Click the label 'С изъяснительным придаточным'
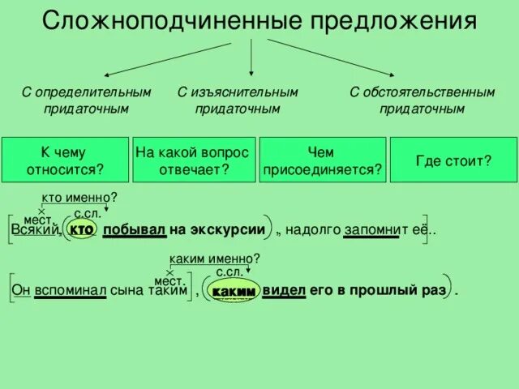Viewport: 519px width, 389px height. tap(238, 100)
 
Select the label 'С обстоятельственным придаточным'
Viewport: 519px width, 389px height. tap(422, 100)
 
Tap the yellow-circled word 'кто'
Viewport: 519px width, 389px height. tap(83, 230)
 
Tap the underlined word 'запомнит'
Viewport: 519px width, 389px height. tap(372, 230)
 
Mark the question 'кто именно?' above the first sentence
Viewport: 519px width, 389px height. tap(79, 197)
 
